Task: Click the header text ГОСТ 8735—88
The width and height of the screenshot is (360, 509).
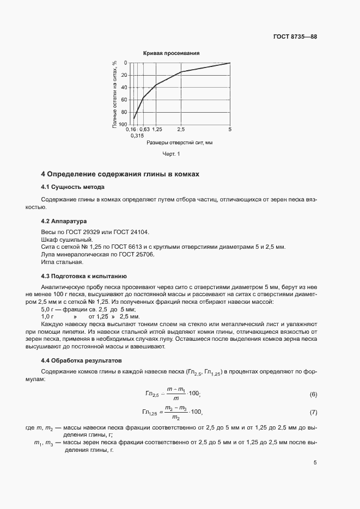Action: coord(295,36)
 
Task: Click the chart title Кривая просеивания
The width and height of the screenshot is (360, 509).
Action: coord(171,53)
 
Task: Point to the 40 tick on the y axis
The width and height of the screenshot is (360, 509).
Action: coord(124,88)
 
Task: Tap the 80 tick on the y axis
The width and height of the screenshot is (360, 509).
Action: coord(124,112)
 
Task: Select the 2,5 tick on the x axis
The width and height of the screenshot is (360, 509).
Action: coord(181,130)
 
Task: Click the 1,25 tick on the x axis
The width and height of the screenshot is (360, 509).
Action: coord(156,130)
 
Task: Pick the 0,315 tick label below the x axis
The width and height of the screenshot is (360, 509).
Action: coord(137,136)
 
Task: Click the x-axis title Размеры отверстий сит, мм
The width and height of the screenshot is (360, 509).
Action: coord(179,143)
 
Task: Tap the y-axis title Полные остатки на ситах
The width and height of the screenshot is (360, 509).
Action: coord(115,93)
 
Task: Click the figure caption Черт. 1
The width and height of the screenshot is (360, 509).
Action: coord(171,155)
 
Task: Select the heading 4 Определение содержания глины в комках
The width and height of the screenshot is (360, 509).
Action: coord(120,175)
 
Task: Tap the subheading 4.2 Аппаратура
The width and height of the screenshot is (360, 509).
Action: coord(64,222)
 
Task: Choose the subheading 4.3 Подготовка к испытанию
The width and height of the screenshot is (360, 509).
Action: coord(84,276)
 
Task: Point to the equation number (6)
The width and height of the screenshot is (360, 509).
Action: coord(313,394)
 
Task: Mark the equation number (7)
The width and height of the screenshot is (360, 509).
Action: coord(313,412)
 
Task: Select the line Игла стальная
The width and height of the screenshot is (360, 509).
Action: coord(62,262)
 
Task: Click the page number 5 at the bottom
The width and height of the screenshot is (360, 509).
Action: coord(315,463)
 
